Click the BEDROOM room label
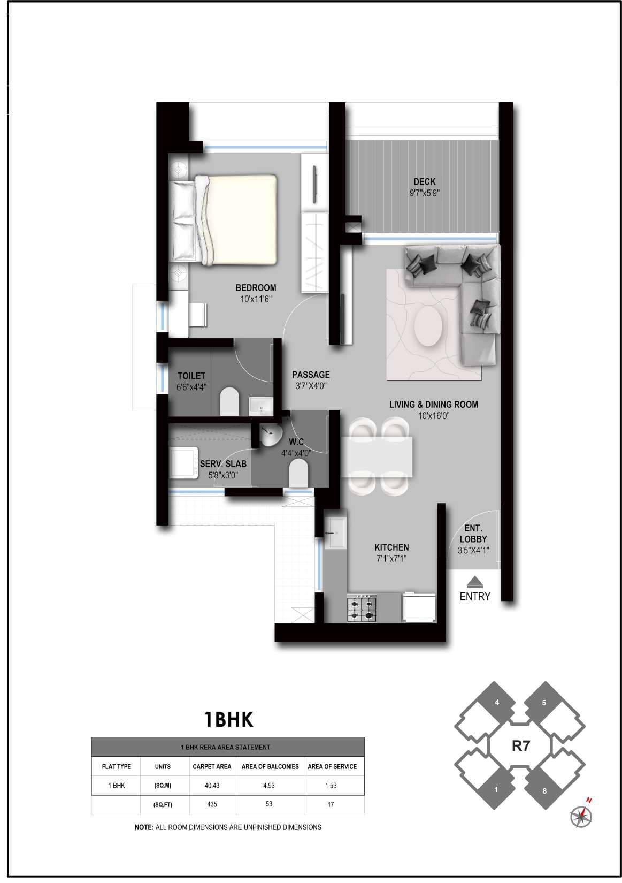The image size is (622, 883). (256, 288)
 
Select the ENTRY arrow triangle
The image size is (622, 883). (474, 581)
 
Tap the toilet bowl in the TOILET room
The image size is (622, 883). (230, 401)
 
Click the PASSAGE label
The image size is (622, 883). (311, 375)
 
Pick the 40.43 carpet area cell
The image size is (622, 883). (212, 786)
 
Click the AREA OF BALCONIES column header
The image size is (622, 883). (270, 766)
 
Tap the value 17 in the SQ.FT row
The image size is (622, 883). (331, 804)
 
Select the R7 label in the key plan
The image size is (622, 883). (520, 745)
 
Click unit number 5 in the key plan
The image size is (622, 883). (544, 703)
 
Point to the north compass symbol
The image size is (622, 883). (581, 816)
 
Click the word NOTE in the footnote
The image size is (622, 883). (144, 827)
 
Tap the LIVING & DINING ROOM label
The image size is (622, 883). (433, 405)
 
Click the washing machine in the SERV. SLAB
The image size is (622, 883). (183, 462)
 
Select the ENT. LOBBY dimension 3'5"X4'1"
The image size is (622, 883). (473, 550)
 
